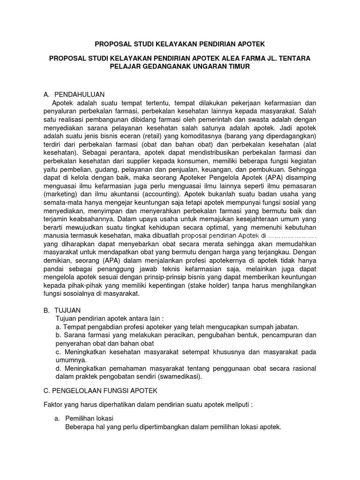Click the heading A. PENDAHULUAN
tap(74, 94)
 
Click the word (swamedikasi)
tap(182, 376)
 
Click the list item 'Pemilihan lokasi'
tap(89, 418)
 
